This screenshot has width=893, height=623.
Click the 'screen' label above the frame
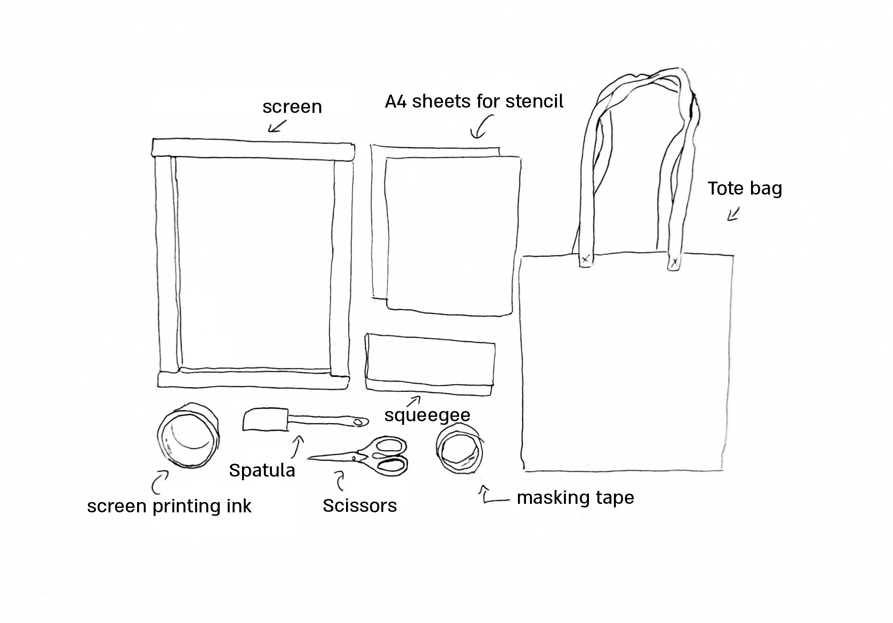coord(292,107)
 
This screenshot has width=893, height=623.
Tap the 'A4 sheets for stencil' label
coord(474,102)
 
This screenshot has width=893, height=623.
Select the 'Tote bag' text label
coord(744,188)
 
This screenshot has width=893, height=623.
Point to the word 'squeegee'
coord(427,415)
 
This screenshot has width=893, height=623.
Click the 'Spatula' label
coord(262,470)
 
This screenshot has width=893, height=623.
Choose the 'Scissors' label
coord(360,506)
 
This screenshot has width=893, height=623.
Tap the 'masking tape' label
coord(575,498)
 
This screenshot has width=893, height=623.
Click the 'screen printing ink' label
coord(169,506)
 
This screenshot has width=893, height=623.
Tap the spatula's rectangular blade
coord(264,420)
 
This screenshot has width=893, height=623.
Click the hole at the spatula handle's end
coord(358,422)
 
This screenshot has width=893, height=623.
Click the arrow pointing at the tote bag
coord(733,214)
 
